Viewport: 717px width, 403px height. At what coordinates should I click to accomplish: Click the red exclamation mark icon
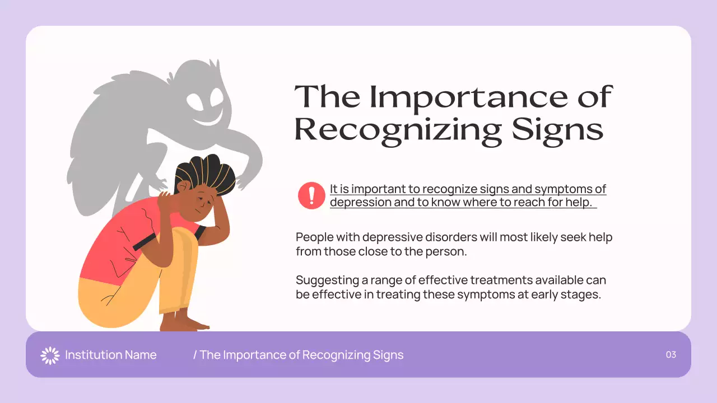point(311,195)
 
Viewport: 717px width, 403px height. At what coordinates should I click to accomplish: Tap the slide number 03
point(671,354)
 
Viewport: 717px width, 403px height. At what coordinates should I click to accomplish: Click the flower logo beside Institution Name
point(50,355)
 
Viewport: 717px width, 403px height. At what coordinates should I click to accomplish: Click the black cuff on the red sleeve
point(144,241)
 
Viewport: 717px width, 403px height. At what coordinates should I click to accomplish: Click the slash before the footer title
point(195,355)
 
